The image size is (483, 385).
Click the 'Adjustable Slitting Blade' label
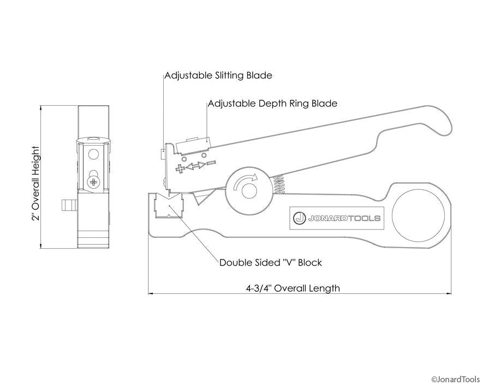click(x=218, y=75)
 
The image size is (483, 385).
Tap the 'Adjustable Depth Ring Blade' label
click(x=272, y=103)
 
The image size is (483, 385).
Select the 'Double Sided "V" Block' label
click(x=271, y=262)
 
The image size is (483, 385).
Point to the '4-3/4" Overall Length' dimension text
click(x=293, y=288)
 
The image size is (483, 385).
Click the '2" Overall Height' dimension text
click(x=36, y=183)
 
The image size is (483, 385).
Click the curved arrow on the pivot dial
click(x=244, y=182)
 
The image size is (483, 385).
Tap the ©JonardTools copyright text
click(x=455, y=379)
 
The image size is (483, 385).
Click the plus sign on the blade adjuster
click(x=181, y=169)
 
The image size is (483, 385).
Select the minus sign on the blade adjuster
click(x=211, y=163)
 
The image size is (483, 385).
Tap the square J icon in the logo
click(x=299, y=218)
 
